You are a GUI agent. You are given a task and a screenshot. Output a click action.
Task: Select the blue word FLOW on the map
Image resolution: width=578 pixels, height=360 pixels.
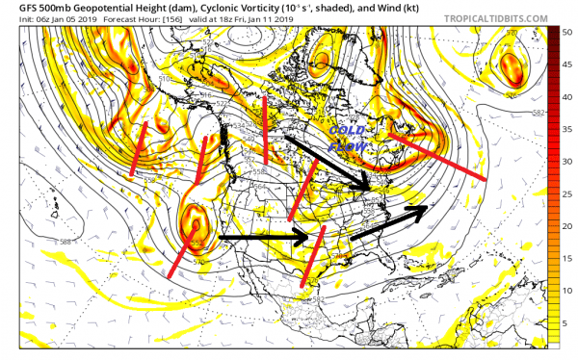click(343, 150)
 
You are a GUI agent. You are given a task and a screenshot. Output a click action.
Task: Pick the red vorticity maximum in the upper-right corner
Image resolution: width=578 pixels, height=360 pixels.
click(510, 64)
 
